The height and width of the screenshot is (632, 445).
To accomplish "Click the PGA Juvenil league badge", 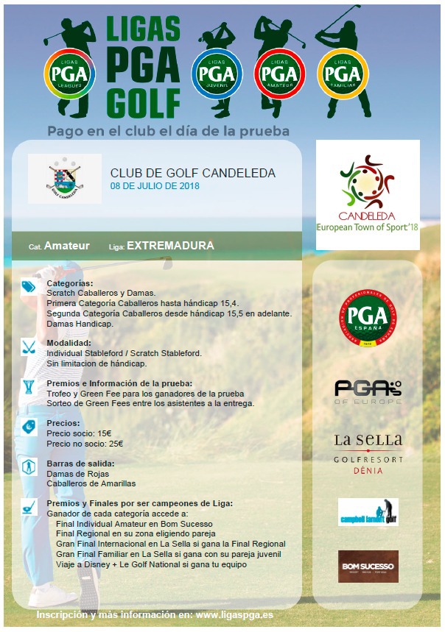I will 217,74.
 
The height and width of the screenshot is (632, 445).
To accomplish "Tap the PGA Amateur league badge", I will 279,74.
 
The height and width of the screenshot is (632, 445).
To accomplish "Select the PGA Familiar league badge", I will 343,74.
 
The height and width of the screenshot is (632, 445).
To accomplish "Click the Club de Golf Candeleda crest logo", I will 65,178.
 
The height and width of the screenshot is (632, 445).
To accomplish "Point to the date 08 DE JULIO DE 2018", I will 155,186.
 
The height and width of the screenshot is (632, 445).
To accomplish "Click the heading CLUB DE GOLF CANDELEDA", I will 192,173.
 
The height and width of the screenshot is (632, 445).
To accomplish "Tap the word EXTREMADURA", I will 170,246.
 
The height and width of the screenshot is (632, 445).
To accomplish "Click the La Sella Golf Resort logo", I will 368,452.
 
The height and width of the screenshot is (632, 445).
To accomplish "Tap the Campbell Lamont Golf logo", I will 368,512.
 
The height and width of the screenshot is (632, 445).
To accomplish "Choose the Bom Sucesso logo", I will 368,567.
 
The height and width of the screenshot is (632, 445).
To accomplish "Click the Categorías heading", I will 70,283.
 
